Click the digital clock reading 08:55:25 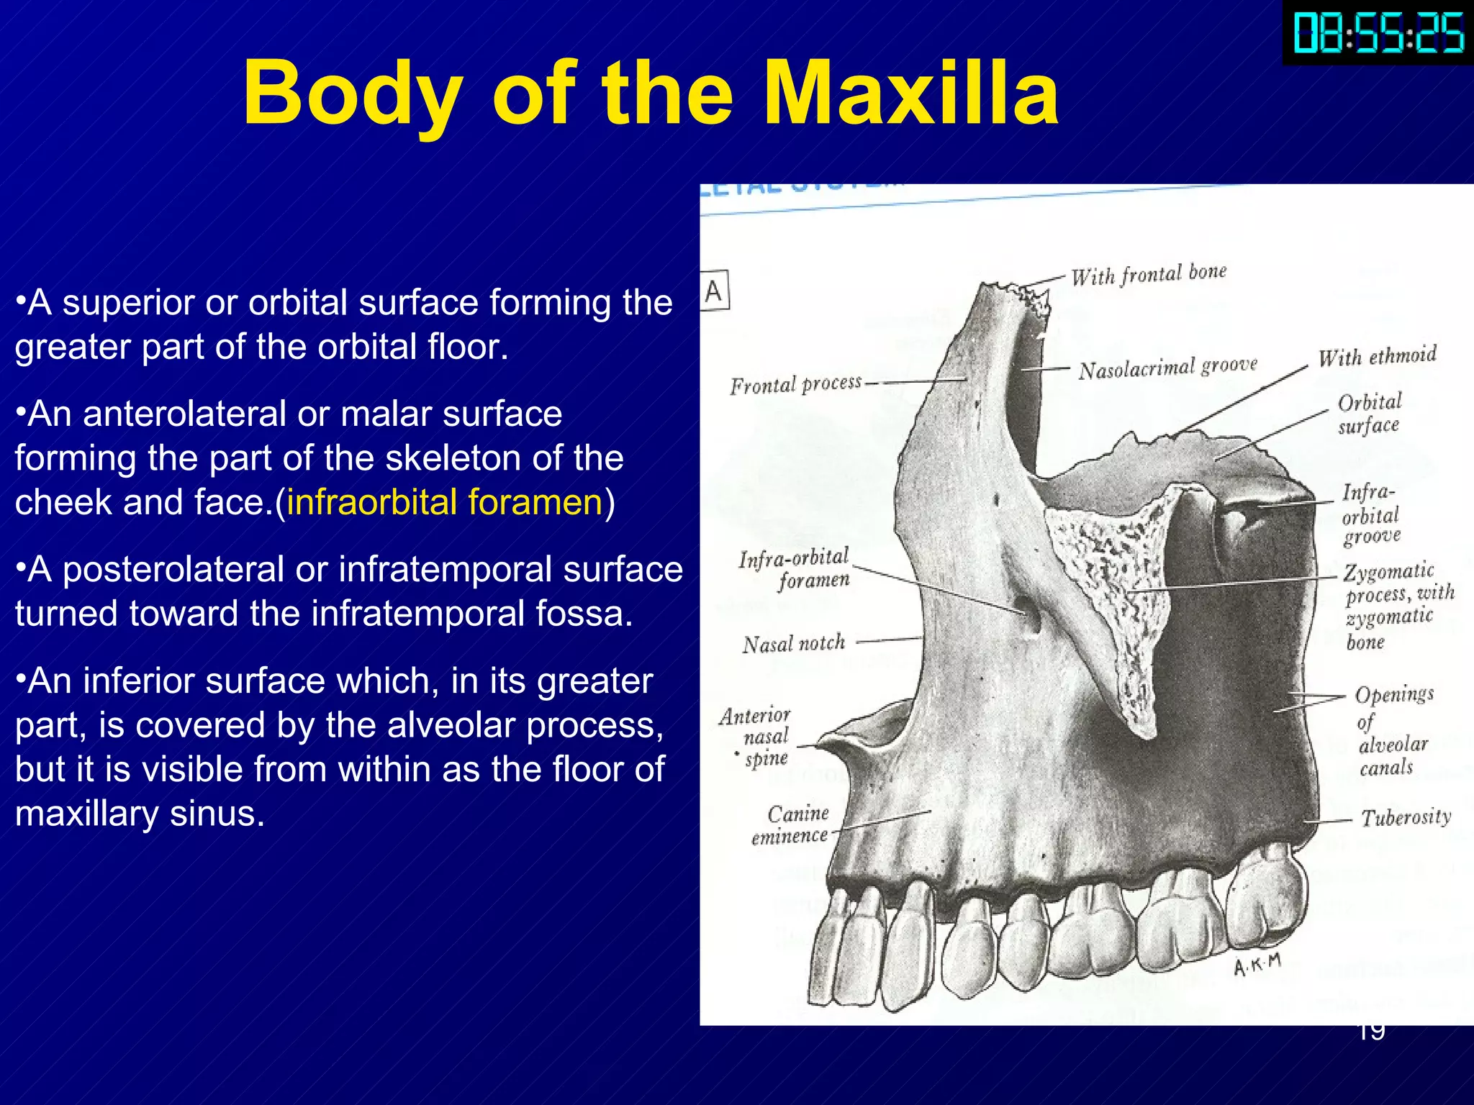(x=1378, y=33)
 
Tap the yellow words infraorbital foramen (x=444, y=502)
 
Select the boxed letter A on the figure (x=714, y=291)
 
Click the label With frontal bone (x=1148, y=274)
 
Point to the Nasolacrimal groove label (x=1167, y=368)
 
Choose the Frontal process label (x=795, y=384)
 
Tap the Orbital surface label (x=1369, y=414)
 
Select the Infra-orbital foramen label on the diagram (x=795, y=568)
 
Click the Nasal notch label (x=793, y=643)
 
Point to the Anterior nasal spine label (x=756, y=737)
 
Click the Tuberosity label (x=1405, y=817)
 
